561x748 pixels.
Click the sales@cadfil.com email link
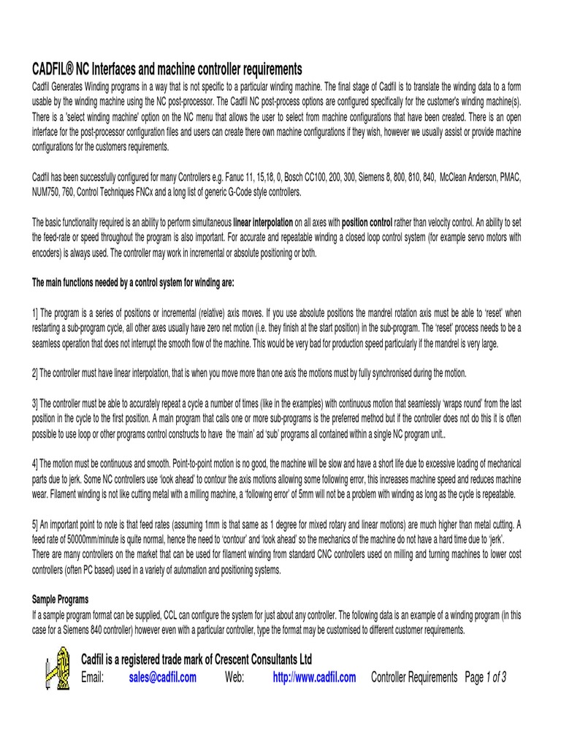(163, 677)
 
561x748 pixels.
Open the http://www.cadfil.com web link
(314, 677)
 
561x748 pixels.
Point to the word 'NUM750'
(47, 191)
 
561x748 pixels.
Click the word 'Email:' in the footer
(93, 677)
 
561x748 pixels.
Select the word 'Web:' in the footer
(234, 677)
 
